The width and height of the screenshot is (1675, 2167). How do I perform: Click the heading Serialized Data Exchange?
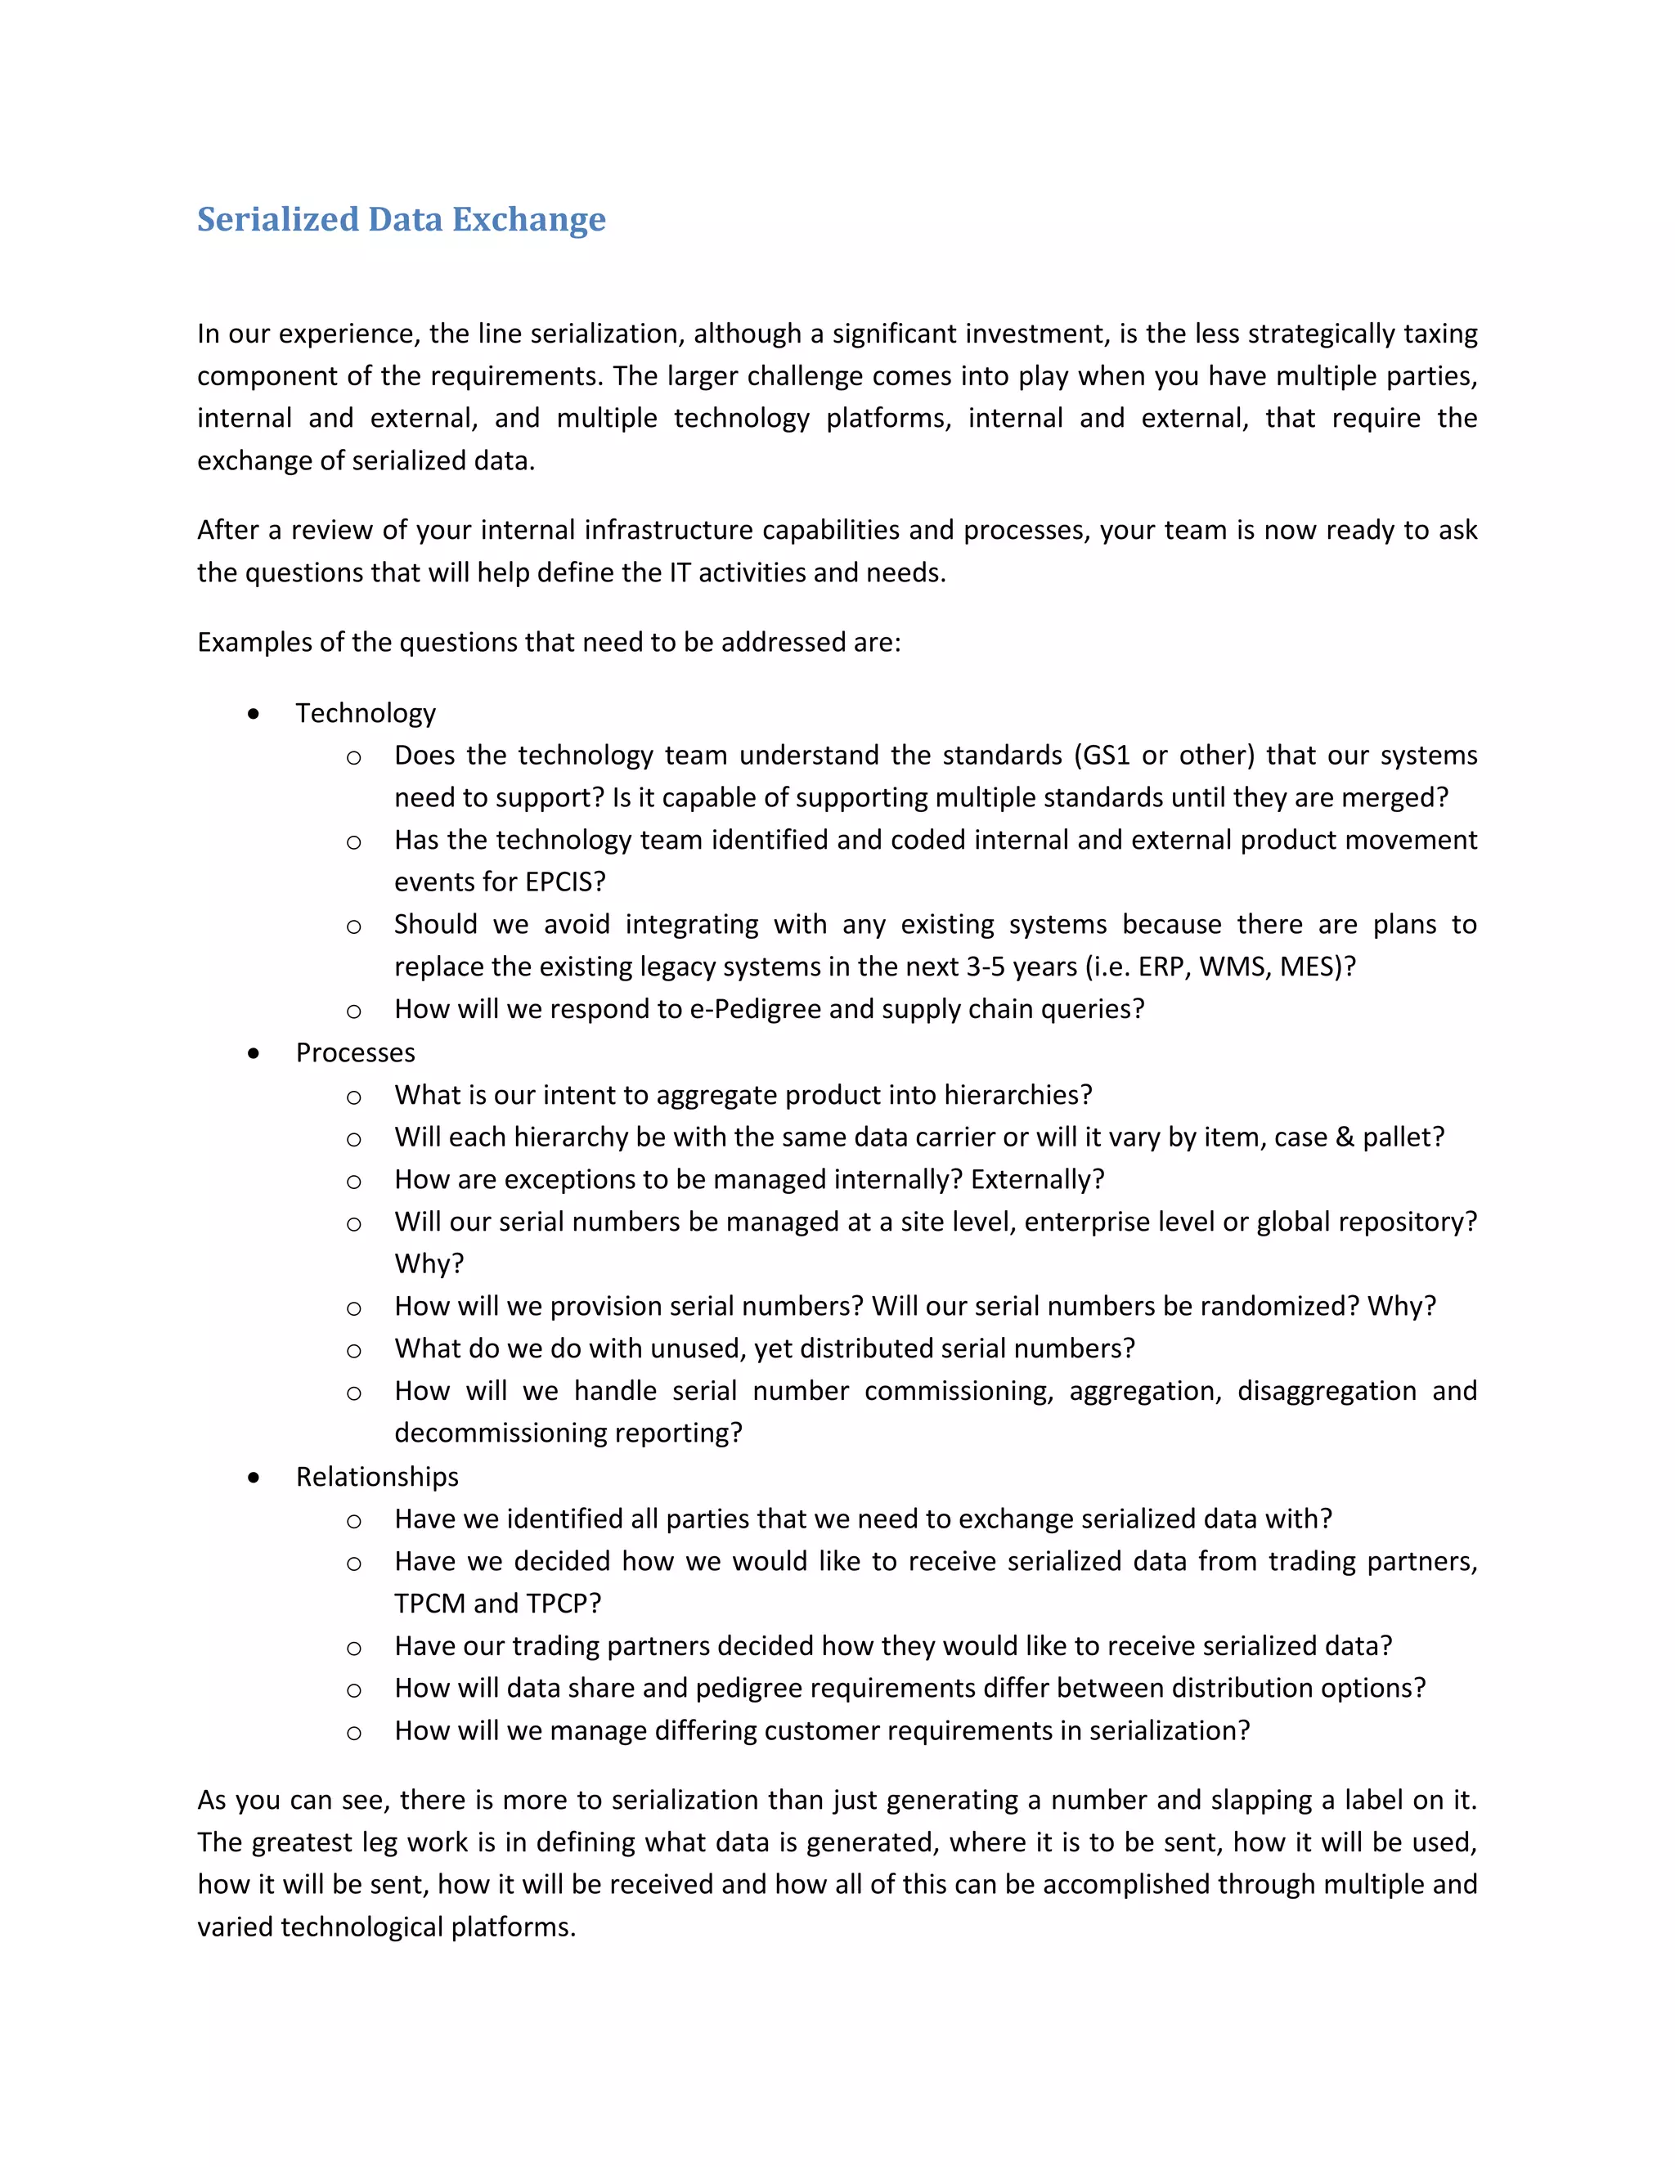click(401, 219)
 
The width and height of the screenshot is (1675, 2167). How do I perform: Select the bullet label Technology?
click(365, 713)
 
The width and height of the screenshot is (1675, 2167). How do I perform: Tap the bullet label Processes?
click(355, 1052)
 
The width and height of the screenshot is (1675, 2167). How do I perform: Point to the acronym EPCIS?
click(559, 882)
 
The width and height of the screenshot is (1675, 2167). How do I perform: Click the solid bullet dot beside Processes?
click(254, 1052)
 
